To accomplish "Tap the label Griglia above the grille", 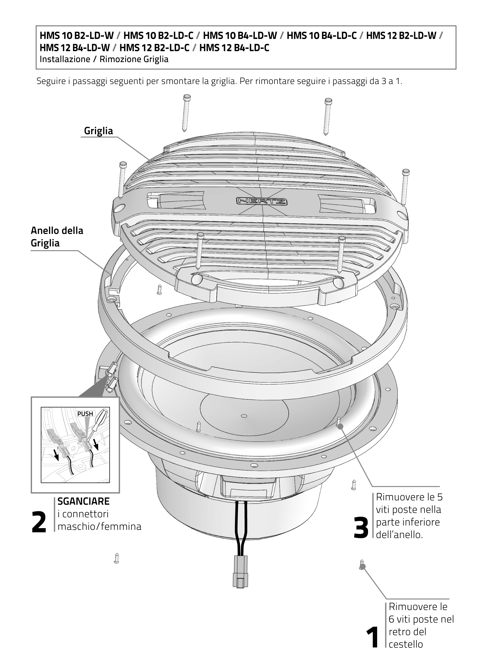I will [98, 131].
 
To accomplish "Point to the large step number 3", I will [361, 528].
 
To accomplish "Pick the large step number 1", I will [372, 637].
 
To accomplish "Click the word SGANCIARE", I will [83, 501].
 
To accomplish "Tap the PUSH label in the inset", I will [85, 413].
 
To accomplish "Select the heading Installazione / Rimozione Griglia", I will [104, 59].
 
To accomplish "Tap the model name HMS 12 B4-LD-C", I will [234, 48].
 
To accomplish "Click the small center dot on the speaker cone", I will [244, 416].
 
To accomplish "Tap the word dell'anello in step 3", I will [399, 535].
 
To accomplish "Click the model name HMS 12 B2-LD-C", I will [154, 48].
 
